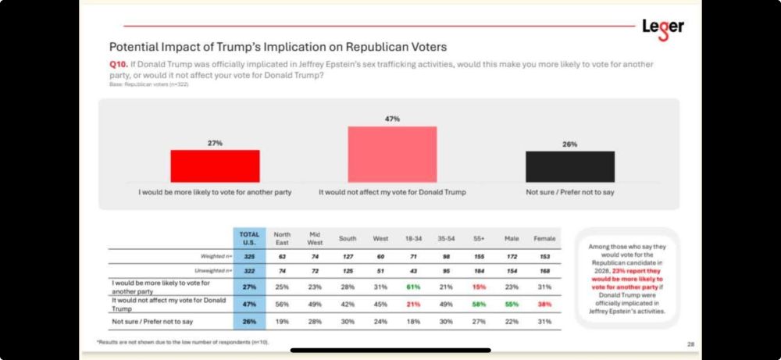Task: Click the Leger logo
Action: (x=662, y=27)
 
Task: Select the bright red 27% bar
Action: (x=215, y=166)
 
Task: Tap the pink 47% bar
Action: (x=392, y=154)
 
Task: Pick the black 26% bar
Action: (x=569, y=166)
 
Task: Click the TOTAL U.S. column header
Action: (x=249, y=238)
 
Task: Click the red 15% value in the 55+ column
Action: (x=479, y=287)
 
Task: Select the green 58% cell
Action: (x=479, y=302)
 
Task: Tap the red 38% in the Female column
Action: (x=544, y=302)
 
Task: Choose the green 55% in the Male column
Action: (x=511, y=302)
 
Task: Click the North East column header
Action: (x=281, y=238)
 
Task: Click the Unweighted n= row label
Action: (x=206, y=271)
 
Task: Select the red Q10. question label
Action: (x=119, y=64)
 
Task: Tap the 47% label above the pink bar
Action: (x=392, y=119)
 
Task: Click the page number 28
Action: (x=690, y=344)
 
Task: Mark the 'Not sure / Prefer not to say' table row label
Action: (x=152, y=321)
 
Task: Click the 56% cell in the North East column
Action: (x=281, y=302)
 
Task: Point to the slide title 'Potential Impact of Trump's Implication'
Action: (x=277, y=47)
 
